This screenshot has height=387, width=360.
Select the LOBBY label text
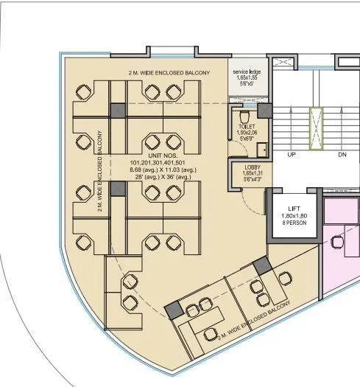tap(253, 167)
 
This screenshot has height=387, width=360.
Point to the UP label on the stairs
tap(292, 156)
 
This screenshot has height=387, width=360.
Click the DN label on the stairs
tap(342, 156)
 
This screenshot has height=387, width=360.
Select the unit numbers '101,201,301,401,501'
tap(158, 163)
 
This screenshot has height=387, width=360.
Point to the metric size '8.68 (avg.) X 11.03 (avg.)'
tap(158, 170)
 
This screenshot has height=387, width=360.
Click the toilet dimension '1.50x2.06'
tap(247, 132)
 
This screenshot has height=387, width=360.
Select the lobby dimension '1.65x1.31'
tap(253, 173)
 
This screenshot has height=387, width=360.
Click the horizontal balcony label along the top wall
tap(169, 73)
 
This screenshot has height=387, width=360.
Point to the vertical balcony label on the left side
tap(99, 170)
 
